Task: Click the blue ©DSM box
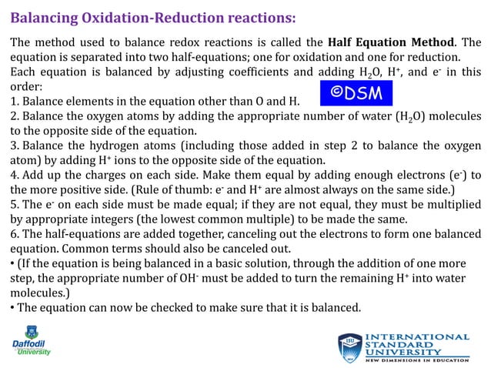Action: tap(356, 92)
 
